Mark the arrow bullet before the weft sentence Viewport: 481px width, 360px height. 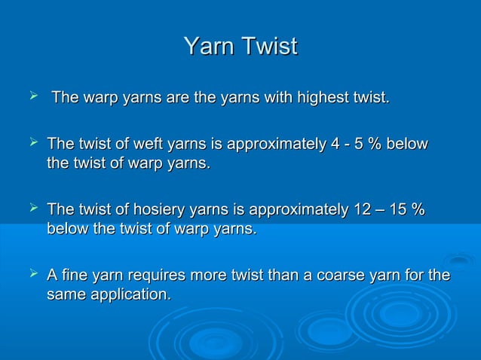click(31, 142)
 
